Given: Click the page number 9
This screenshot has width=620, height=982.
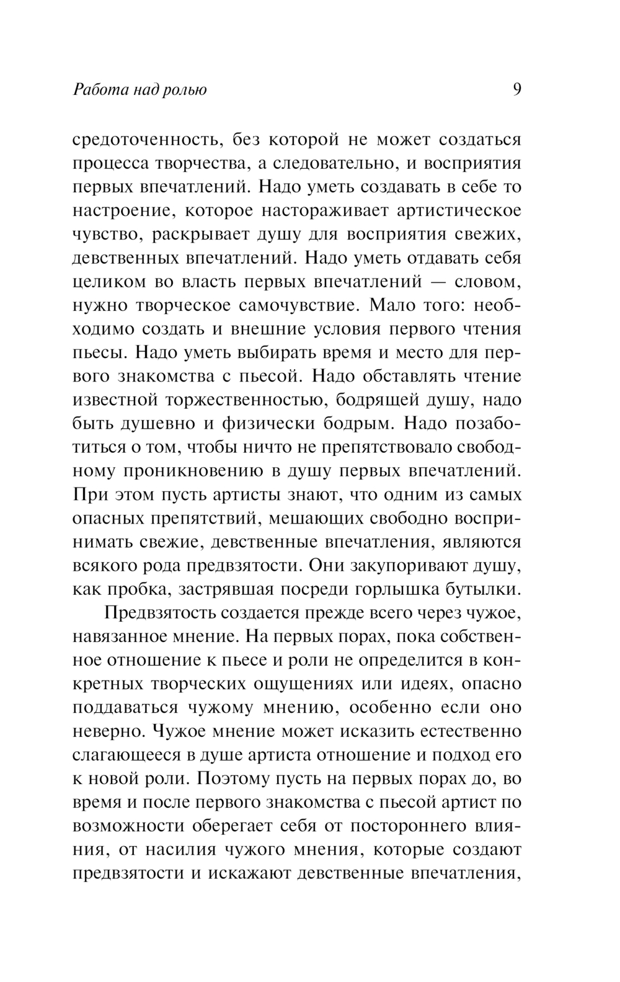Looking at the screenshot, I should [x=517, y=90].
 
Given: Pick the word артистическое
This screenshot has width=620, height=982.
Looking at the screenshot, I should [x=459, y=211].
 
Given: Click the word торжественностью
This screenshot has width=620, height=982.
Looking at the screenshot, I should [x=249, y=400].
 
